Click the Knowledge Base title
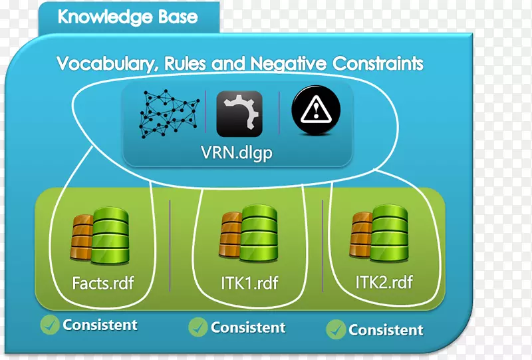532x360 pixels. coord(128,17)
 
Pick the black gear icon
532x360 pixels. coord(239,114)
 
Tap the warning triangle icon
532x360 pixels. coord(315,110)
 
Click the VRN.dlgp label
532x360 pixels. coord(237,153)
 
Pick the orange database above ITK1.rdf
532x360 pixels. coord(231,235)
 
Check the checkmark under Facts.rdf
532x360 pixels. coord(50,325)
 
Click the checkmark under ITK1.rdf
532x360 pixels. coord(198,327)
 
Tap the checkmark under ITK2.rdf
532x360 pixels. coord(336,329)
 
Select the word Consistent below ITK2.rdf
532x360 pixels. coord(386,330)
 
